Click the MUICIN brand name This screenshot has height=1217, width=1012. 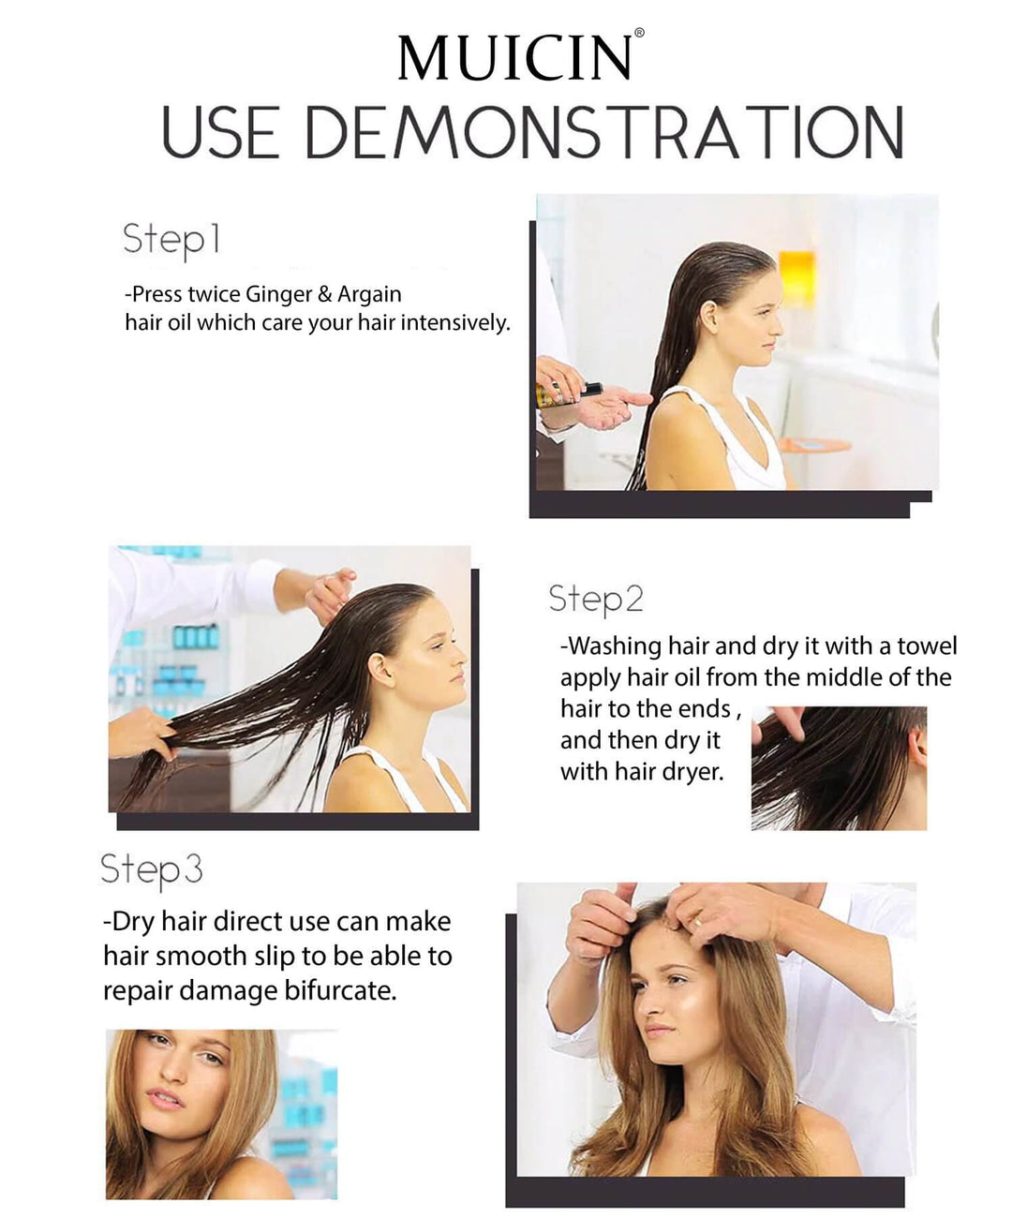click(x=514, y=58)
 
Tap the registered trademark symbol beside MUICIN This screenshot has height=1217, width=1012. click(x=639, y=33)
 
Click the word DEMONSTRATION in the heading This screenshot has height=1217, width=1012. click(x=604, y=132)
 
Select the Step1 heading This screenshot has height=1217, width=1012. click(x=171, y=240)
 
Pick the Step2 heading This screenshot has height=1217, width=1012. click(x=596, y=600)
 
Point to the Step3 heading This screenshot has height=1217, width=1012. click(x=152, y=870)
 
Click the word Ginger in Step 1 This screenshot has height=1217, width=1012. click(x=278, y=295)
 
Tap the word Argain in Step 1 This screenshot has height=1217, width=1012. click(x=369, y=295)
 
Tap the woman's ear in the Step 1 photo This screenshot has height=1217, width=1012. click(x=708, y=317)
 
